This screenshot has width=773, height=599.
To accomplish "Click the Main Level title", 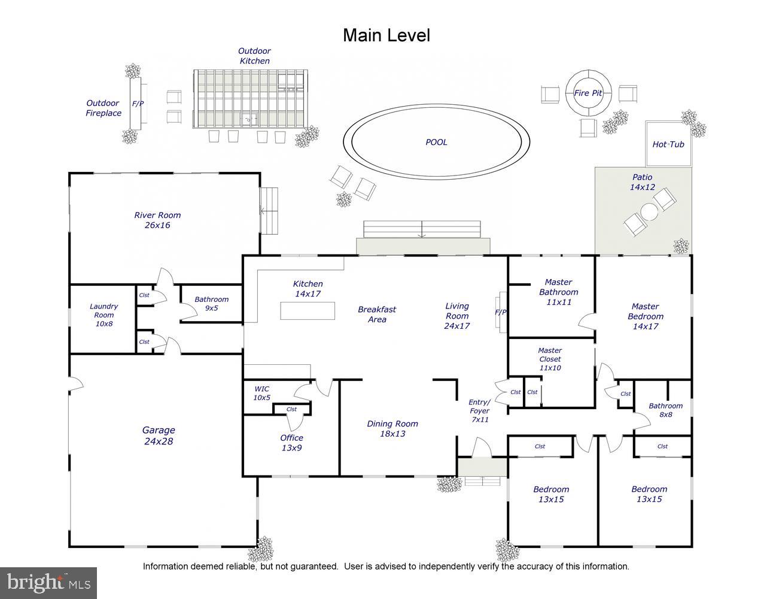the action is pos(386,35).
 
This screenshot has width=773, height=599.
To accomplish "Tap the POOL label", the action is pos(436,142).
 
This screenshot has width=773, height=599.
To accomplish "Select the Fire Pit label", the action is pos(588,93).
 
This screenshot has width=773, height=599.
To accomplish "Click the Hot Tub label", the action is pos(668,144).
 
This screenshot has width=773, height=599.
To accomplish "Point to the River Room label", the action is pos(157,220).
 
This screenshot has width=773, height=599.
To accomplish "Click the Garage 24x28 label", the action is pos(159,435).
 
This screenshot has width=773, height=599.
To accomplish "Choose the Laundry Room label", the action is pos(104,315).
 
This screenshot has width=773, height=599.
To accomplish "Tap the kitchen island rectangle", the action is pos(308,311).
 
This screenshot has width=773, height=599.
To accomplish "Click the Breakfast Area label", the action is pos(377,314).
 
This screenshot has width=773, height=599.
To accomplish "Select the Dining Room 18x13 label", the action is pos(392,429).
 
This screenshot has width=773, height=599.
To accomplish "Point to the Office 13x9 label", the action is pos(292,443).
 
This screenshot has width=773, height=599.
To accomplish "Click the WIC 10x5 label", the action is pos(262,393).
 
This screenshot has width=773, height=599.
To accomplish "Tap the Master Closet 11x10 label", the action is pos(550,359).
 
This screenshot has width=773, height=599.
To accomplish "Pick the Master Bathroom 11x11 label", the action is pos(558,292).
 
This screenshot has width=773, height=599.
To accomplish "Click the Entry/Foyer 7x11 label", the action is pos(479,410).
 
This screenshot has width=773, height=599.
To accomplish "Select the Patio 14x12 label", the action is pos(643,182).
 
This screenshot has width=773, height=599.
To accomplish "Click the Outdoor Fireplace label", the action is pos(103,108).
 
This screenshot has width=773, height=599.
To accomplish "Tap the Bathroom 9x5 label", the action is pos(211,304).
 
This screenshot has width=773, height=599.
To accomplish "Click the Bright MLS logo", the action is pos(48,583).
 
